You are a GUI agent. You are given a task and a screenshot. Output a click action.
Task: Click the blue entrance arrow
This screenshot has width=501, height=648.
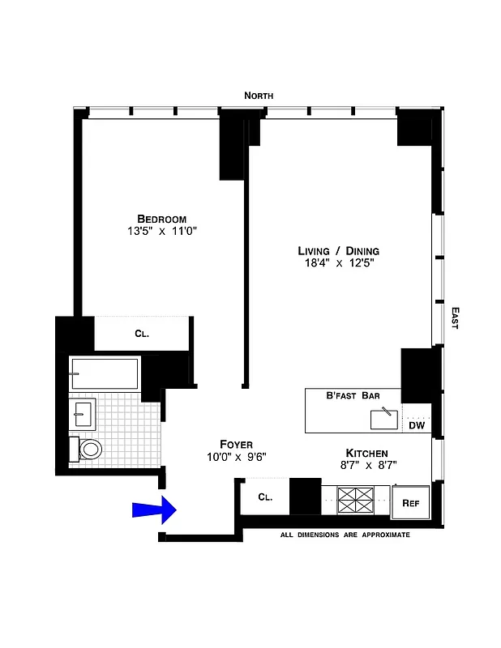[x=155, y=509]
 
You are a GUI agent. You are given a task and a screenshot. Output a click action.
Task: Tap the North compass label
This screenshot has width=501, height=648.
[x=259, y=96]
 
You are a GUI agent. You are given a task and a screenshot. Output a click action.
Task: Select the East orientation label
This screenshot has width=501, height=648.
[x=455, y=318]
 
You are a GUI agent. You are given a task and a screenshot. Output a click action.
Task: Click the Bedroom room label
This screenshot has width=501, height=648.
[x=161, y=219]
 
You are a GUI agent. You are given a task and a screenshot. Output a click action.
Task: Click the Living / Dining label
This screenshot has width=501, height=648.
[x=338, y=251]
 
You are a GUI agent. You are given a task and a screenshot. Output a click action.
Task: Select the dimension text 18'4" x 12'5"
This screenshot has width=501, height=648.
[x=338, y=263]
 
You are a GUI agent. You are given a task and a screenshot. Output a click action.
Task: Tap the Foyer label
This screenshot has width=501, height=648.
[x=236, y=444]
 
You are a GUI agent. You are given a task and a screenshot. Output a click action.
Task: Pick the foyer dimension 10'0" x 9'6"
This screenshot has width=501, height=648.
[x=236, y=456]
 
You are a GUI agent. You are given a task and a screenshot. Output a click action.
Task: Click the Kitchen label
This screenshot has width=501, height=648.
[x=366, y=453]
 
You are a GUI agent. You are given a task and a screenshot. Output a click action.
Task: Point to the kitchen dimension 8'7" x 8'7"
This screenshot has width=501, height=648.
[x=366, y=465]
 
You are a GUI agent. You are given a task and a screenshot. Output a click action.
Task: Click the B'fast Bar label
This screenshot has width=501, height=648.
[x=351, y=395]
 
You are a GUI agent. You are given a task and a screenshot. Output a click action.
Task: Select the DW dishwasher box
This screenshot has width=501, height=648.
[x=416, y=424]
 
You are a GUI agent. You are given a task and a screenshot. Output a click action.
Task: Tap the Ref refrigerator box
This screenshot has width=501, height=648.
[x=410, y=503]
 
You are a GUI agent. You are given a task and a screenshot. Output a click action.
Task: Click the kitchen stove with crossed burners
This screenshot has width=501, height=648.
[x=354, y=500]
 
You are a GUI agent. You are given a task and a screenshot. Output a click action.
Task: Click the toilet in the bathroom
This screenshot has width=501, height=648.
[x=88, y=449]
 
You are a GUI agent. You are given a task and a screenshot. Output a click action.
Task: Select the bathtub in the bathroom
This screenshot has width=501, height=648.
[x=104, y=373]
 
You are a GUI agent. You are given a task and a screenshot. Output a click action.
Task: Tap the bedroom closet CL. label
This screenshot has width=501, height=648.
[x=142, y=333]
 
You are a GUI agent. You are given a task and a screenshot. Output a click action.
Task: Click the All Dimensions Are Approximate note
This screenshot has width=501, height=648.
[x=345, y=535]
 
